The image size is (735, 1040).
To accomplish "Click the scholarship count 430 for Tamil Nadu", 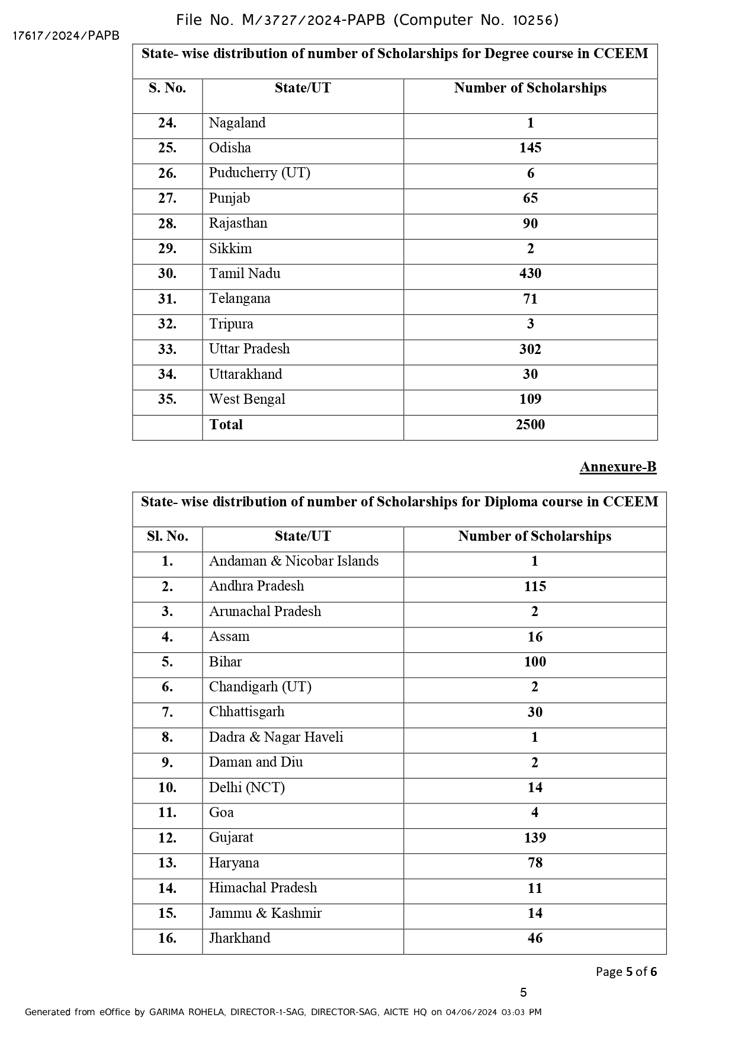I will (530, 274).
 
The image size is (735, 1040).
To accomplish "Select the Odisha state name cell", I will (230, 148).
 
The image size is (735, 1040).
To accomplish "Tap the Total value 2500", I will (530, 425).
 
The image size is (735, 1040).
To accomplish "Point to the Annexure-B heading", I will (618, 467).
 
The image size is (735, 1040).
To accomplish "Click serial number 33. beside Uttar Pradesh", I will (167, 349).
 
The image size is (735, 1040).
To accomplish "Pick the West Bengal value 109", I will (530, 400).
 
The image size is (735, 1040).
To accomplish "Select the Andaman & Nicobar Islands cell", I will (294, 562).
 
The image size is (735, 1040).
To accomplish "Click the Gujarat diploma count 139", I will (535, 838).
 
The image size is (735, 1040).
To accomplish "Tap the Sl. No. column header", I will (168, 537).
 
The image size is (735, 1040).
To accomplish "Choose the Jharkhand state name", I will (239, 939).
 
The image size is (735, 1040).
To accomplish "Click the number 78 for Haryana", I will (535, 863).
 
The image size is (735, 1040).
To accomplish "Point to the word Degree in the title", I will (506, 54).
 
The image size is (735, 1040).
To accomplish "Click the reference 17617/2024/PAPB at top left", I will (66, 36).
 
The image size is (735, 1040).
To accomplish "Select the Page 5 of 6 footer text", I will (626, 972).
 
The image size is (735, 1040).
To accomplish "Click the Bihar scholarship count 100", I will (535, 662).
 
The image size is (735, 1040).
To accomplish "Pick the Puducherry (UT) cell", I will (259, 173).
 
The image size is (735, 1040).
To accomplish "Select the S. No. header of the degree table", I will (167, 88).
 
